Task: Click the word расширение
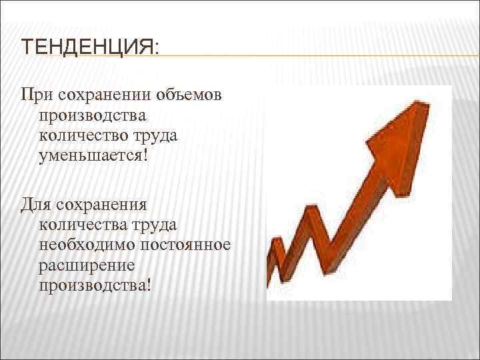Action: (87, 266)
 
